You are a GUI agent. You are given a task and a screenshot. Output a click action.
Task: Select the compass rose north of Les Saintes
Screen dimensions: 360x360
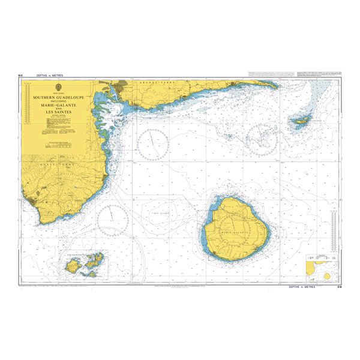(112, 218)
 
